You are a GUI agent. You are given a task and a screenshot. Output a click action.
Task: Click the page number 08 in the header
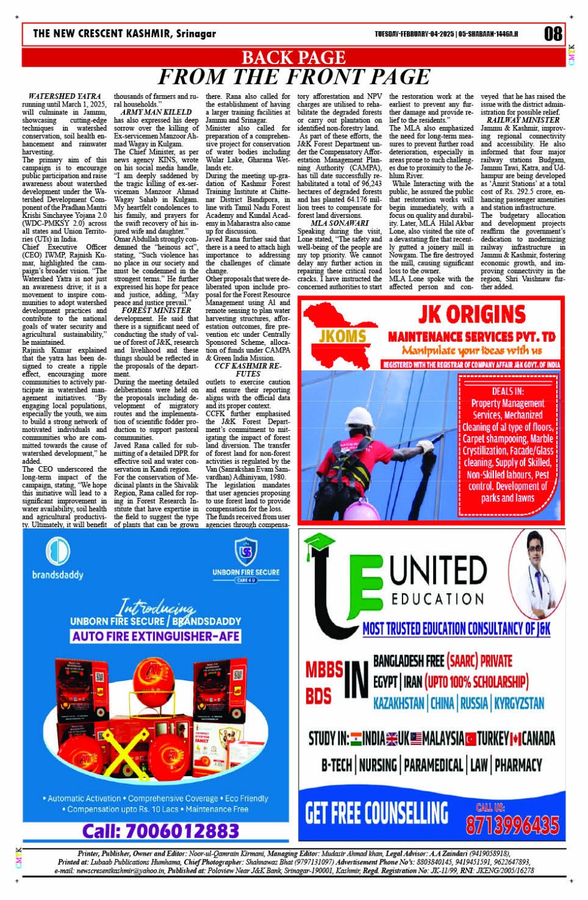pos(553,34)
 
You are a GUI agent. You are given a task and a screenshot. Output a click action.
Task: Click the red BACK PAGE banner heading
pos(293,58)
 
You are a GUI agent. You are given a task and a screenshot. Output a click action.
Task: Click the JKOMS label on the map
pos(343,337)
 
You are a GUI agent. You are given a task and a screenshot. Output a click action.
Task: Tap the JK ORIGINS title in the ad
pos(472,314)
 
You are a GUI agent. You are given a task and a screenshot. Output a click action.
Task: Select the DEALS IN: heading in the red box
pos(508,391)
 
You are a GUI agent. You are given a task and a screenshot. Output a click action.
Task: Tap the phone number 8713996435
pos(512,825)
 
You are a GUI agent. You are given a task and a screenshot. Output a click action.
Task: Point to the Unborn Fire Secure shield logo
pos(246,551)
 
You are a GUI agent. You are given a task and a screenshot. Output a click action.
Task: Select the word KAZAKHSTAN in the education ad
pos(398,703)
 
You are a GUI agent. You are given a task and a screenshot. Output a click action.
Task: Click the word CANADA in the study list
pos(538,739)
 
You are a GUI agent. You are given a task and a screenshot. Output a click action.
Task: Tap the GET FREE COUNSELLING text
pos(376,813)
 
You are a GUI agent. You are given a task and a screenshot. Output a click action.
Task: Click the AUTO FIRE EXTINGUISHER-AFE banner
pos(156,636)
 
